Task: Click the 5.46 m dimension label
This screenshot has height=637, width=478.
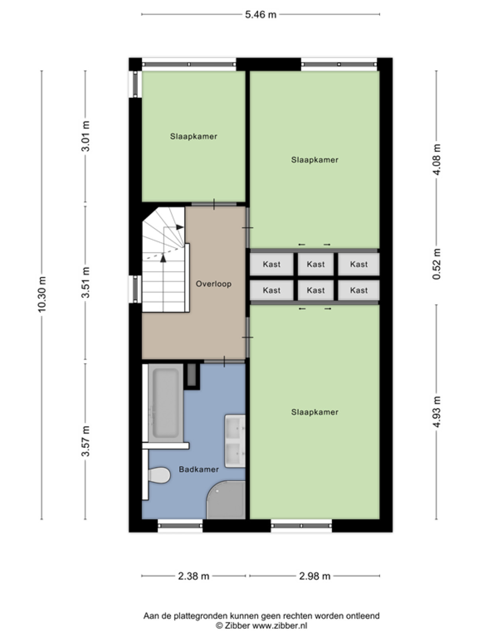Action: (x=261, y=14)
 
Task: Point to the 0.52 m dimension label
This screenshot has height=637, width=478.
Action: (x=436, y=264)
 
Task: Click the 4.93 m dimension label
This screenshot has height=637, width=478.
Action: (x=436, y=412)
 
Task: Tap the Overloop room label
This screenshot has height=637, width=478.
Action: (x=214, y=284)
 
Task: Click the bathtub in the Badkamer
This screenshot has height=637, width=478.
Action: (x=166, y=403)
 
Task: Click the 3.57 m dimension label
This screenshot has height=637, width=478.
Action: (x=86, y=441)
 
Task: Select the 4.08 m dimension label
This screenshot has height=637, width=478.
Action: (x=436, y=159)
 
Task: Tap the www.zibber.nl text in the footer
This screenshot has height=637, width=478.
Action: (x=280, y=626)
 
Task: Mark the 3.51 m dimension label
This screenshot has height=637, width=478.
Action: (x=86, y=282)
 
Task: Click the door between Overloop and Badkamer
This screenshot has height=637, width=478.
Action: (x=224, y=361)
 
